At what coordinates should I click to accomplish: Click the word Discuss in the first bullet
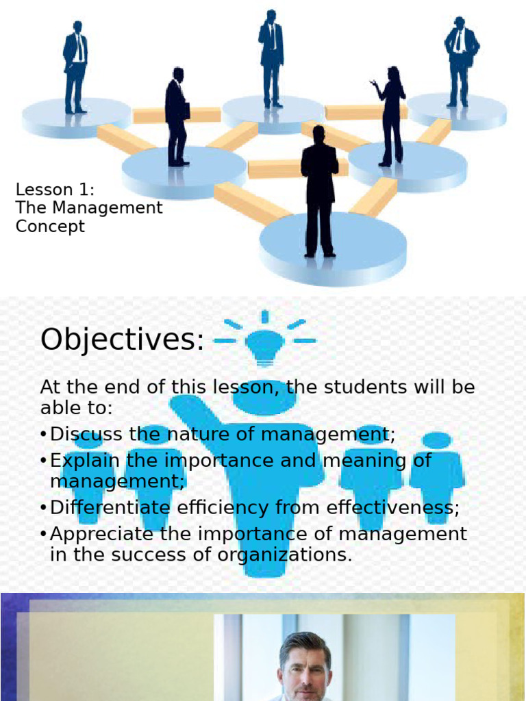[86, 434]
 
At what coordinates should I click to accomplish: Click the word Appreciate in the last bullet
[103, 533]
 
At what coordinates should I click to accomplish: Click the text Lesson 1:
[55, 190]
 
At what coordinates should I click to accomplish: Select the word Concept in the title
[50, 227]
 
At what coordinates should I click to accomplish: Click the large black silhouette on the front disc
[320, 192]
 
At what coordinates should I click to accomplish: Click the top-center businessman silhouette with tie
[271, 58]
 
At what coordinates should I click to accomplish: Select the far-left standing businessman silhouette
[75, 66]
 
